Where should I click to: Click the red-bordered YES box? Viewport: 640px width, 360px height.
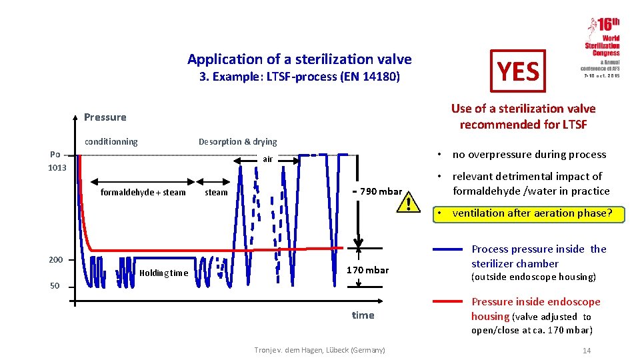point(518,71)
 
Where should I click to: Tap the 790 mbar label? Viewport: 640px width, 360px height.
point(381,192)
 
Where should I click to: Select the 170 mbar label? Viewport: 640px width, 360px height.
point(367,270)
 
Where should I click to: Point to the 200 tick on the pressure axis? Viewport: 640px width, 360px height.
point(55,259)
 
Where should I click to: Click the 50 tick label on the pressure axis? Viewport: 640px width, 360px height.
point(55,286)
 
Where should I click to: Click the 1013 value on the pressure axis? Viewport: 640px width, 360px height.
point(57,167)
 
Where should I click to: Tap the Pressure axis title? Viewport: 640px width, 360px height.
point(105,117)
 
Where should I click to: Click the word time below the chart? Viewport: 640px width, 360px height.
point(363,315)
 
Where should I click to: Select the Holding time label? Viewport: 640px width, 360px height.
point(163,273)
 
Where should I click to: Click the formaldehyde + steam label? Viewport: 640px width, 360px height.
point(143,193)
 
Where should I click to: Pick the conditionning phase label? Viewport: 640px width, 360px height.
point(111,141)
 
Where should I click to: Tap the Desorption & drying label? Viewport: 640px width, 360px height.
point(237,141)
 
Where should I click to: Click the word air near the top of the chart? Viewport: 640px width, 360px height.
point(267,159)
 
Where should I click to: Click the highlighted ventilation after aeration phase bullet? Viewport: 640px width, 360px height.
point(530,213)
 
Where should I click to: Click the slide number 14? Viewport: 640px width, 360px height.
point(587,351)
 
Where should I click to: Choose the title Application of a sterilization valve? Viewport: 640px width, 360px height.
point(299,59)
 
